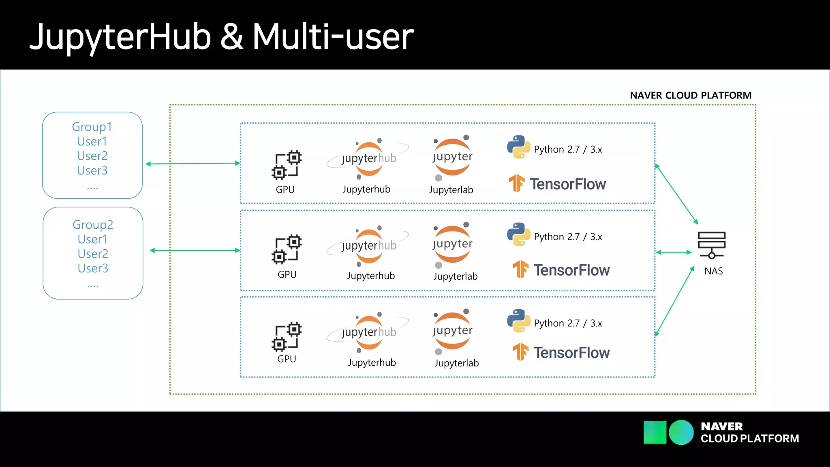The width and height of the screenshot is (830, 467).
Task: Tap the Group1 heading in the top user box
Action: point(92,127)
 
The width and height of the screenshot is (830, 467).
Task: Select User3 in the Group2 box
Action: point(93,268)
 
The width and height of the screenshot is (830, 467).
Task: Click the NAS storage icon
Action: point(712,245)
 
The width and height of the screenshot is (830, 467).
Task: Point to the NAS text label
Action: point(713,271)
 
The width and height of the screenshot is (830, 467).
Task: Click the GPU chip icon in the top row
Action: point(287,165)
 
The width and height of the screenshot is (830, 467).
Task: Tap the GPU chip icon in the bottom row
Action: point(287,336)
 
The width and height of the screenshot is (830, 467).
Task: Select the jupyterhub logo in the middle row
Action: point(368,246)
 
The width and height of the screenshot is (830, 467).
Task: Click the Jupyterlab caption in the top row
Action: point(451,190)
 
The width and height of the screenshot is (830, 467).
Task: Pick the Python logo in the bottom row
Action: point(518,321)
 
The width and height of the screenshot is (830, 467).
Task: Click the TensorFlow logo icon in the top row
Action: point(517,183)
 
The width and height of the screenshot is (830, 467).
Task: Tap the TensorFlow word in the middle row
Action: point(571,270)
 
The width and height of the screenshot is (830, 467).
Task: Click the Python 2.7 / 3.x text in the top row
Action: point(568,150)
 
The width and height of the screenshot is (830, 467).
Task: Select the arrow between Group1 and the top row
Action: point(193,163)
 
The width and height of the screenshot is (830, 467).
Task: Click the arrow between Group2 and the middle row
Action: point(195,251)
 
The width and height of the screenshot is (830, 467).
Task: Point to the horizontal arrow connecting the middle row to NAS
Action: point(674,252)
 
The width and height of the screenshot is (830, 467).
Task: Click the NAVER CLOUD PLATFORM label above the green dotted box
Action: point(691,95)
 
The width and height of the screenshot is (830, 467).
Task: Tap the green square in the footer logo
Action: point(655,433)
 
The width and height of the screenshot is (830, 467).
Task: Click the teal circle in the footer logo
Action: point(681,433)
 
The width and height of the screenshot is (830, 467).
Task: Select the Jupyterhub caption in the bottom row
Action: point(372,362)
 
